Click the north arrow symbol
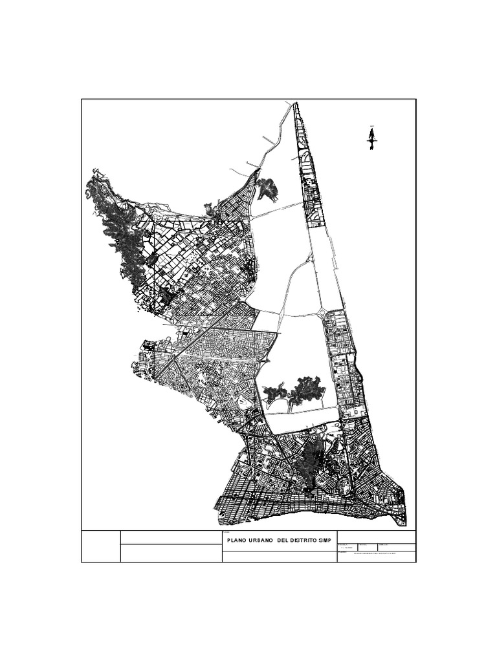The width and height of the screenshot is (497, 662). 372,138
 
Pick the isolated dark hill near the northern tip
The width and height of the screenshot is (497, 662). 266,188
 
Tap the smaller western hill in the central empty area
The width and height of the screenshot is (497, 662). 275,391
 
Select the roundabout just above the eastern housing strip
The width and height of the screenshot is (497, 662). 322,314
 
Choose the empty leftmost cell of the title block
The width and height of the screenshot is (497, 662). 101,546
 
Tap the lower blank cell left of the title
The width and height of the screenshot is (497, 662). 171,553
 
